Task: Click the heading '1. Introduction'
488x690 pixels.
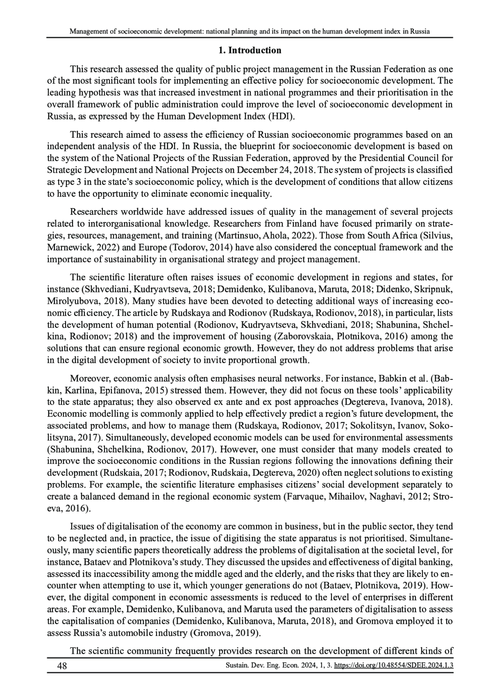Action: [250, 50]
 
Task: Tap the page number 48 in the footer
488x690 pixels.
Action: [62, 666]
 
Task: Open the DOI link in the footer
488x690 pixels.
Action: [393, 666]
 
